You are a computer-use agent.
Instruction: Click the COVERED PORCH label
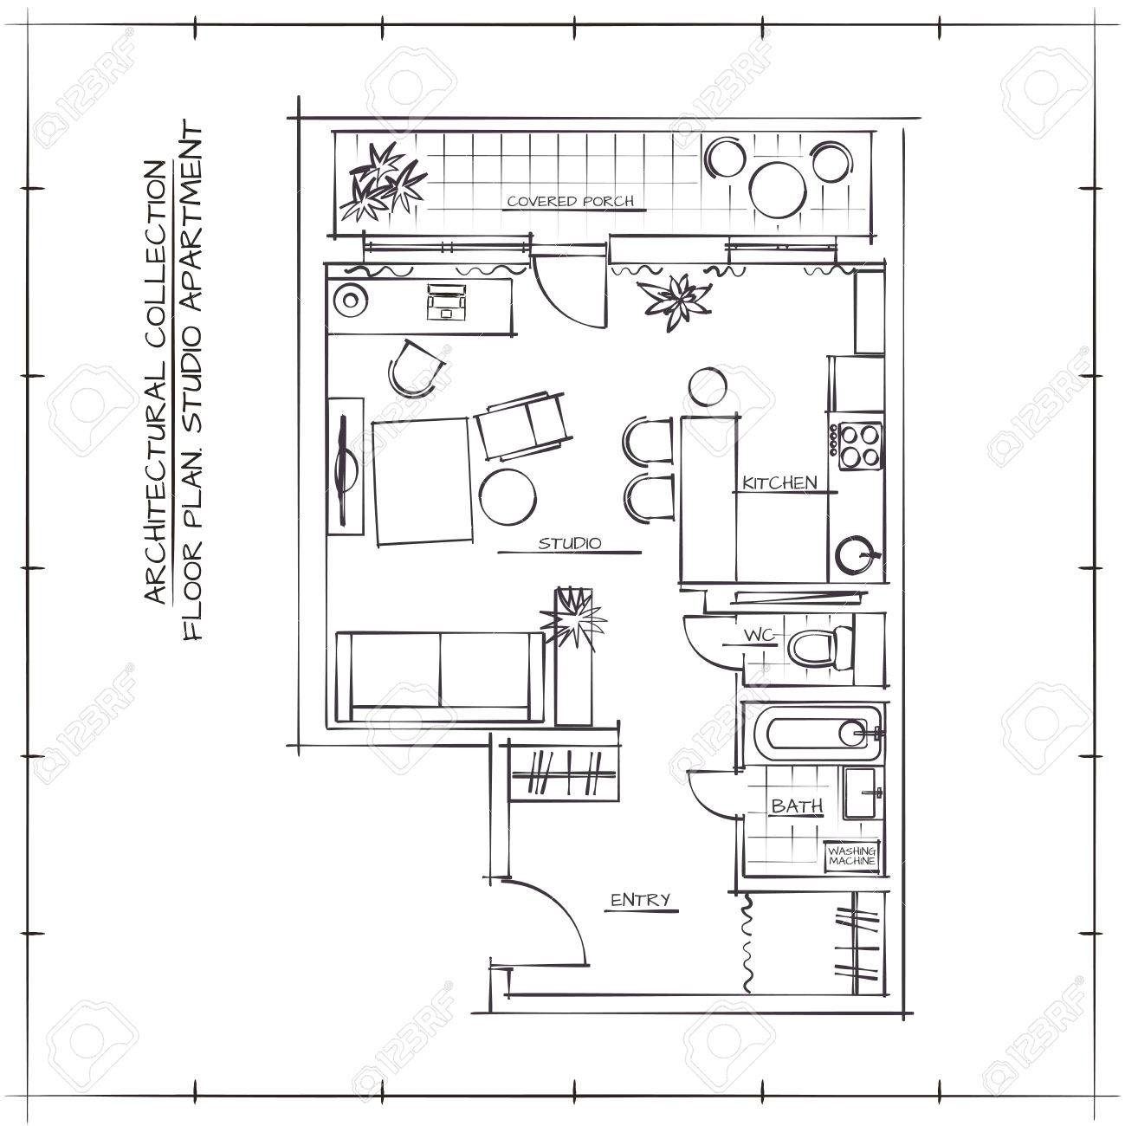tap(570, 202)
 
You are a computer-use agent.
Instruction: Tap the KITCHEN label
tap(780, 483)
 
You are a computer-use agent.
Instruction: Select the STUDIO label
tap(570, 544)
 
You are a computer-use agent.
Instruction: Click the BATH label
tap(797, 806)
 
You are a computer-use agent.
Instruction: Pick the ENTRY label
tap(641, 900)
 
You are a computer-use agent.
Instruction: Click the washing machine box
tap(852, 857)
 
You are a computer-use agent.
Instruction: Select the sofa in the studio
tap(440, 676)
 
